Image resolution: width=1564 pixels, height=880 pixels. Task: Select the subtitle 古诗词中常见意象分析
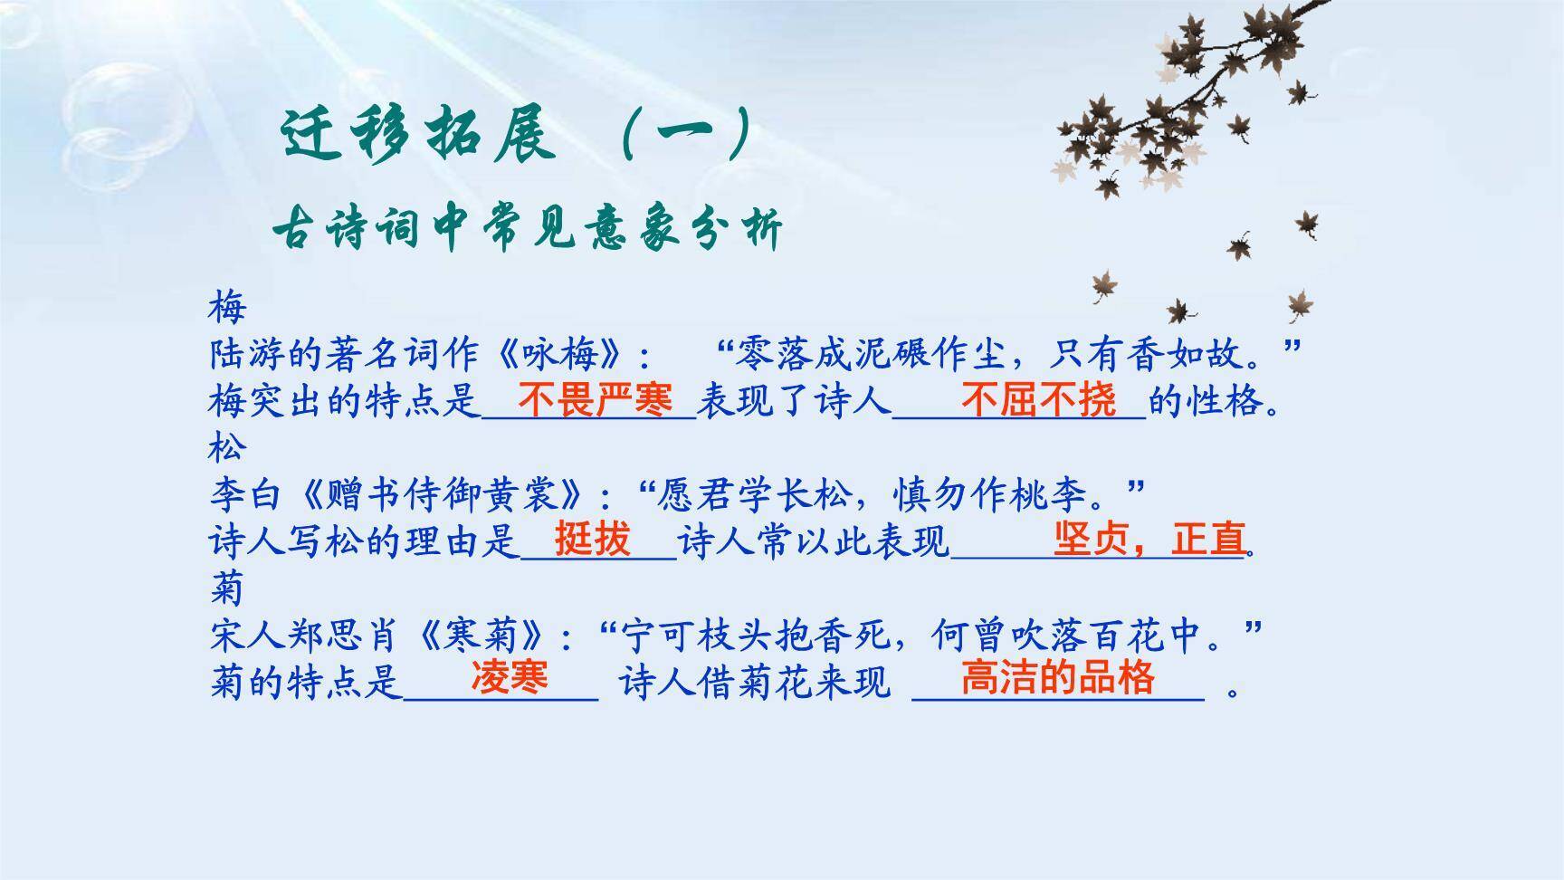[x=527, y=228]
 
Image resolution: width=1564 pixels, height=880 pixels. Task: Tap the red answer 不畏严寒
[x=595, y=399]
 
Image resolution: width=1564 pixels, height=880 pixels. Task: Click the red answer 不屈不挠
[x=1038, y=399]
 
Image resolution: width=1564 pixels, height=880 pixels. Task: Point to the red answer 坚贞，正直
[x=1149, y=539]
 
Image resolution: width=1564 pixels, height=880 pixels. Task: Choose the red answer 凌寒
[x=509, y=677]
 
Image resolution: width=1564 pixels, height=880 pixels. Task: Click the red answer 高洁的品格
[x=1057, y=677]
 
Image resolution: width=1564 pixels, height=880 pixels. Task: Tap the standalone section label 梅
[x=226, y=307]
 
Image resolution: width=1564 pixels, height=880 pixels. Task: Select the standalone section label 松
[x=226, y=446]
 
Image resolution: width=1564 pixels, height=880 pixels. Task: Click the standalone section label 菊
[x=226, y=588]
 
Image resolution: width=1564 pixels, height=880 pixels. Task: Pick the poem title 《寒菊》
[x=484, y=636]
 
